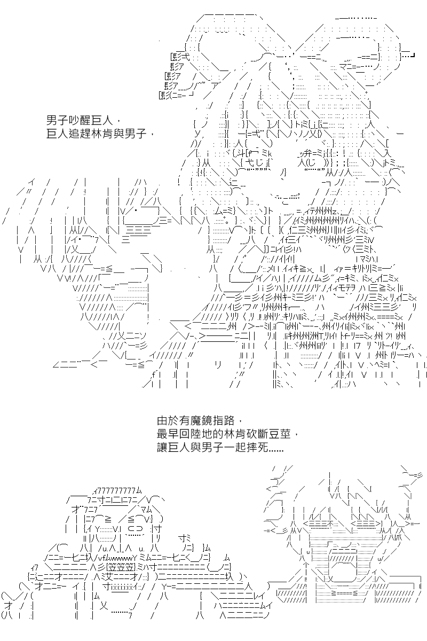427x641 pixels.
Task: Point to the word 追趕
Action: pos(80,134)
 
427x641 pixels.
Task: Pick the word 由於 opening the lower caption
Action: pos(168,421)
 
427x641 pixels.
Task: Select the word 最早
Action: pos(168,434)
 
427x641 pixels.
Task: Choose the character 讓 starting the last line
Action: pos(162,447)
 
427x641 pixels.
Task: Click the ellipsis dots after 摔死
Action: pos(276,450)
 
